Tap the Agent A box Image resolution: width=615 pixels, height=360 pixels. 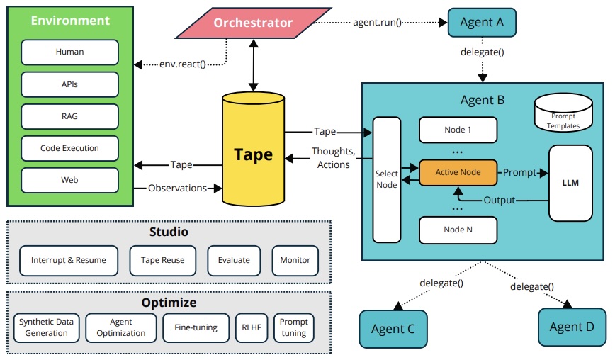[x=482, y=23]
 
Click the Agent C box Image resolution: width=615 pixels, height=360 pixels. [x=393, y=329]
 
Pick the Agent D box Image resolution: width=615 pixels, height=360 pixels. [x=571, y=327]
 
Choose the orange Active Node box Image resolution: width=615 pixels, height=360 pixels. [x=458, y=172]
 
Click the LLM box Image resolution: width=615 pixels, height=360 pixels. [x=570, y=182]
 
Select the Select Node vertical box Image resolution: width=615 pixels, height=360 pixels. [x=387, y=179]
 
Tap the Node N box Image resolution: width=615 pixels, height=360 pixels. [x=458, y=230]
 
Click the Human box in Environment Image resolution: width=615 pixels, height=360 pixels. [x=69, y=52]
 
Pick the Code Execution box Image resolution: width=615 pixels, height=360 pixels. [x=69, y=148]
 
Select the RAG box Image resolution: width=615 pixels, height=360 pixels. [x=69, y=116]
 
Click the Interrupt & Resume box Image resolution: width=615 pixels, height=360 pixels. [x=69, y=260]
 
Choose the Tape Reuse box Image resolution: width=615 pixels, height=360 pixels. [x=162, y=260]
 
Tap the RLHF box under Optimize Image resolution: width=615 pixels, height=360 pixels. [x=251, y=327]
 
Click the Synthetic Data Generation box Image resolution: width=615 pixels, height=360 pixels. [x=46, y=327]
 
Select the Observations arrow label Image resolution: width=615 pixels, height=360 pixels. [x=177, y=188]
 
